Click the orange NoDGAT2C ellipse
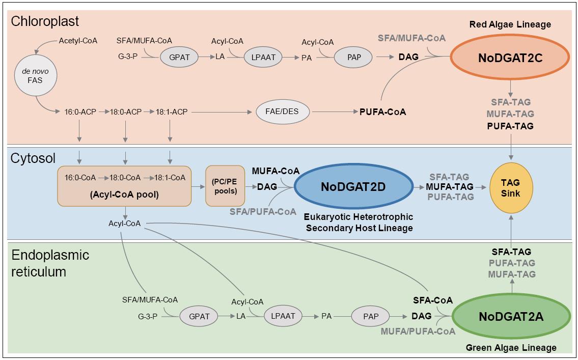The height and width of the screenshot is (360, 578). (510, 58)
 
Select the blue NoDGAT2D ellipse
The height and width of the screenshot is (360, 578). (353, 187)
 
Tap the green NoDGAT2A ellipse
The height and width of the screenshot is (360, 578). (511, 317)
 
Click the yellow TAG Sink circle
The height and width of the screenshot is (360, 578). (510, 187)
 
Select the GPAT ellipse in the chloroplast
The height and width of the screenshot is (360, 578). (178, 58)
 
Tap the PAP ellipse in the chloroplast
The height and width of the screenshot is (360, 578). (353, 58)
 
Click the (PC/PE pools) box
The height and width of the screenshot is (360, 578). (225, 186)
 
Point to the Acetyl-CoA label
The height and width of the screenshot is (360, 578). (78, 40)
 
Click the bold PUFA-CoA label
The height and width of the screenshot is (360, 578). (382, 112)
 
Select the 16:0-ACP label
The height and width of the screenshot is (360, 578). (80, 112)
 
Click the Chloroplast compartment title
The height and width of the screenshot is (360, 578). (45, 22)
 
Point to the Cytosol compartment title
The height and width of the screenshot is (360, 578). (33, 158)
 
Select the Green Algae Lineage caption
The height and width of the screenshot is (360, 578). (511, 348)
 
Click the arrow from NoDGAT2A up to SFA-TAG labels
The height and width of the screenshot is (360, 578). (511, 287)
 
